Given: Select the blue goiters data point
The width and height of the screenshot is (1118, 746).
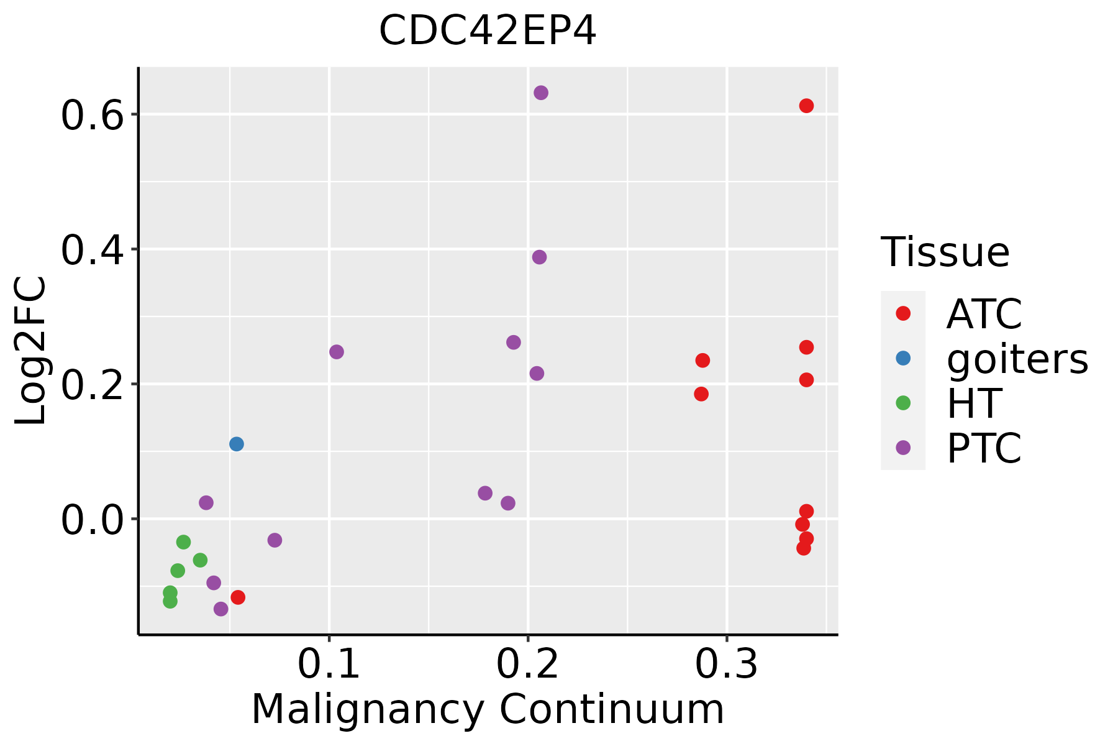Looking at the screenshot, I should coord(237,444).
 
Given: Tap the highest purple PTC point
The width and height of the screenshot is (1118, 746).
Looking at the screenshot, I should coord(541,93).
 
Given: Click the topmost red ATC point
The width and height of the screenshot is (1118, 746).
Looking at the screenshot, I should coord(806,106).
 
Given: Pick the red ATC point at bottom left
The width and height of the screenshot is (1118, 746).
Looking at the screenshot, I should coord(238,597).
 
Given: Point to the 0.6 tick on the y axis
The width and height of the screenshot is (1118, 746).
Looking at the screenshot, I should coord(93,116).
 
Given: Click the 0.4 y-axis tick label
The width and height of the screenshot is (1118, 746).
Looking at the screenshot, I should coord(93,251).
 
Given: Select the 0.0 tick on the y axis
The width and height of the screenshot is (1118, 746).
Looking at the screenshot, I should coord(93,520).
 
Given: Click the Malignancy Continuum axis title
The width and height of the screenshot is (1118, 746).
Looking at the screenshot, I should coord(488,709).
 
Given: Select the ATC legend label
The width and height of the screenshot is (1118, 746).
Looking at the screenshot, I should coord(984,314).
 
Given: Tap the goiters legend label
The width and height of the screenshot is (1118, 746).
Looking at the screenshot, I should coord(1017,359).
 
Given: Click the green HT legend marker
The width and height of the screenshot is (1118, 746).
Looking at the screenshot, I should coord(903,403).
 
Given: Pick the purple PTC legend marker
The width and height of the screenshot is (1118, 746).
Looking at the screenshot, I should coord(903,448).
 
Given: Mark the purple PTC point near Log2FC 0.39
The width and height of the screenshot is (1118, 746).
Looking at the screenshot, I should coord(539,257).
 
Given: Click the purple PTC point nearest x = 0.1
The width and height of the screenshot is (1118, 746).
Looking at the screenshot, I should coord(337,352).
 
